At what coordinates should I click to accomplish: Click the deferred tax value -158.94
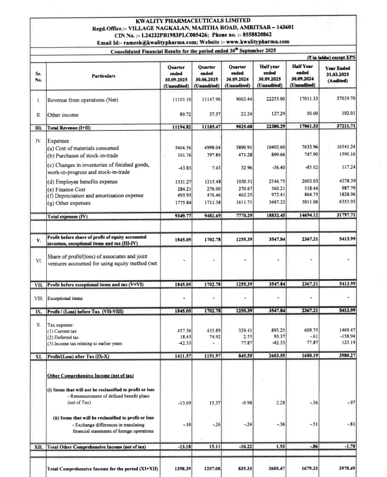pos(362,353)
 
